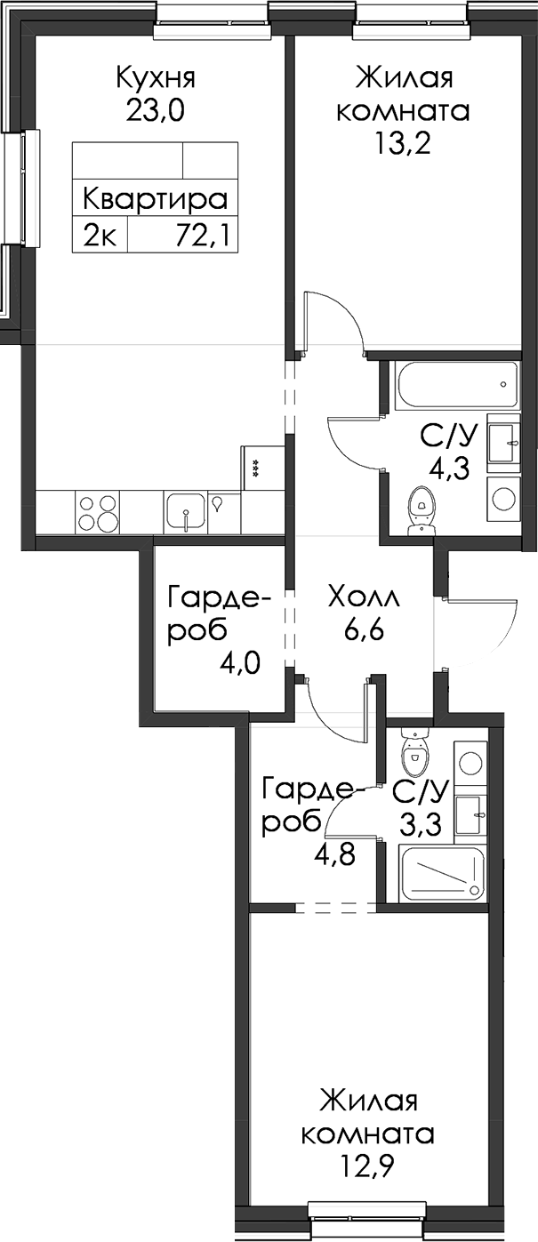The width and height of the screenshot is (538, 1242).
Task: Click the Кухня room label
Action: [x=156, y=78]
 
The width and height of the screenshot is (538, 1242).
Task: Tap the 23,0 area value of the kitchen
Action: [x=155, y=111]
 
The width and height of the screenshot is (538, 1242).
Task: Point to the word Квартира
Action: [x=156, y=199]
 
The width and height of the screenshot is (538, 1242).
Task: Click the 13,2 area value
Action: [x=403, y=143]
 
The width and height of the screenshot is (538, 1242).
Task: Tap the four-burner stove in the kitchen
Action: [x=98, y=512]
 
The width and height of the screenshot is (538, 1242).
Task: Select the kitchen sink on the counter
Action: [x=186, y=512]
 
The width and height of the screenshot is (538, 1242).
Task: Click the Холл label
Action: [x=364, y=599]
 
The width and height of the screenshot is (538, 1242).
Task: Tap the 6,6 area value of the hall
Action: [x=364, y=631]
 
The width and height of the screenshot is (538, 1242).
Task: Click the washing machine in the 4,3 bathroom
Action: [x=503, y=497]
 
